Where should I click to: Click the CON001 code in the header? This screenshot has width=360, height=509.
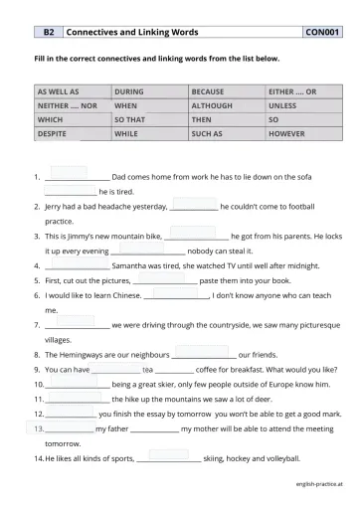click(x=323, y=33)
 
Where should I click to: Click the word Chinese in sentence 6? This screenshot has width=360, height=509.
click(x=124, y=296)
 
